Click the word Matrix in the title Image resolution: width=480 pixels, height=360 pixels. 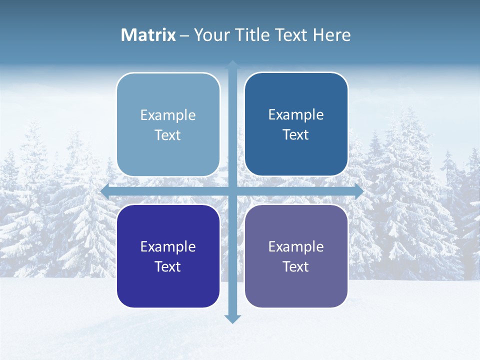point(148,35)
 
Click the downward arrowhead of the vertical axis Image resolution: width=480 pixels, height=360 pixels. point(232,318)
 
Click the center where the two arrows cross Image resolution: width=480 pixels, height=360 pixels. point(232,191)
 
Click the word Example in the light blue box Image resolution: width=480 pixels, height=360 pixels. point(168,115)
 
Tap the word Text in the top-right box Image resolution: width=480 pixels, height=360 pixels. point(296,135)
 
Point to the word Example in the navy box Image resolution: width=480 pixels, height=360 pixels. point(168,246)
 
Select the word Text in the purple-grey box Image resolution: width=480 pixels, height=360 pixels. point(296,266)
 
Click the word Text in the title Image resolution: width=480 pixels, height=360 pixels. point(291,35)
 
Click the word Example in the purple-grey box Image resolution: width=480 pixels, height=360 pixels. point(296,246)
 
